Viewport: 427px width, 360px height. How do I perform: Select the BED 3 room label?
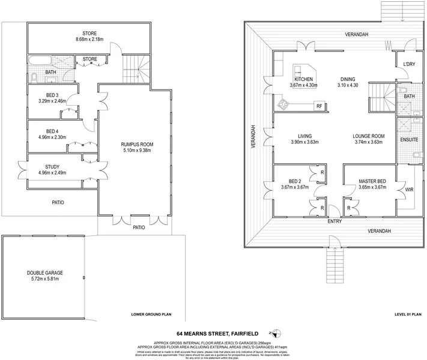click(52, 95)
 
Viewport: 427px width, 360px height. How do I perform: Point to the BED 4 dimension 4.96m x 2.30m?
click(51, 137)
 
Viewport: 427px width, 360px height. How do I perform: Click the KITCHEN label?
click(303, 79)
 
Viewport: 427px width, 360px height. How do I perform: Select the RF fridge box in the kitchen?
click(319, 106)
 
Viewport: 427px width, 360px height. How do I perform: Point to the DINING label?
click(348, 79)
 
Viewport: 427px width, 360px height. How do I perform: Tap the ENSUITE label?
click(410, 140)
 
